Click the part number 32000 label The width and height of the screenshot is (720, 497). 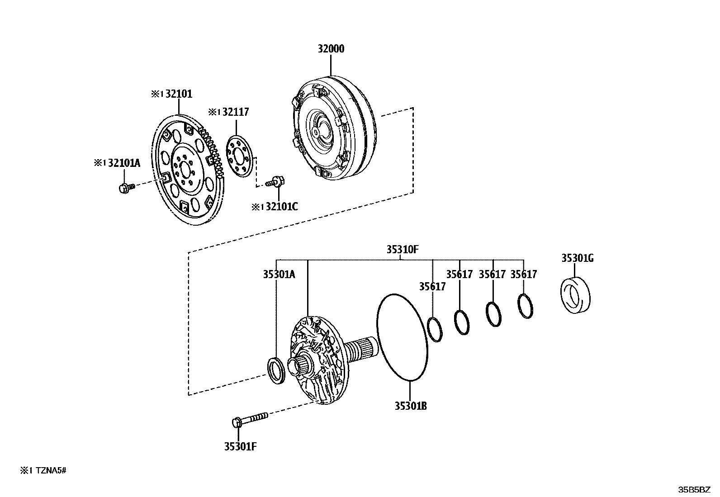click(x=330, y=49)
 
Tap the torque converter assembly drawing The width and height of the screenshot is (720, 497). click(x=332, y=131)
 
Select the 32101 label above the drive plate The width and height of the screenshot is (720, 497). click(x=178, y=94)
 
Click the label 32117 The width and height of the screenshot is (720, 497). click(x=235, y=112)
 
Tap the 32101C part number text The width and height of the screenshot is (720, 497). click(x=281, y=207)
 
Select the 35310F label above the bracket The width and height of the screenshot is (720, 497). click(x=402, y=249)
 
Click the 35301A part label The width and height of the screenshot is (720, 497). click(x=279, y=274)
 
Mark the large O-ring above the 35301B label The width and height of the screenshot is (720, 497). click(x=402, y=337)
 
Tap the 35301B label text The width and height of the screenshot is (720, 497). click(x=410, y=406)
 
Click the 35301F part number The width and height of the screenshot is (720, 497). click(x=240, y=447)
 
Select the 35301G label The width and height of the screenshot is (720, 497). click(x=577, y=258)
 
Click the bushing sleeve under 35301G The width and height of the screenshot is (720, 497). click(x=575, y=296)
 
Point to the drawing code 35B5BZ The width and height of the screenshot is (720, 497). click(x=694, y=490)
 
